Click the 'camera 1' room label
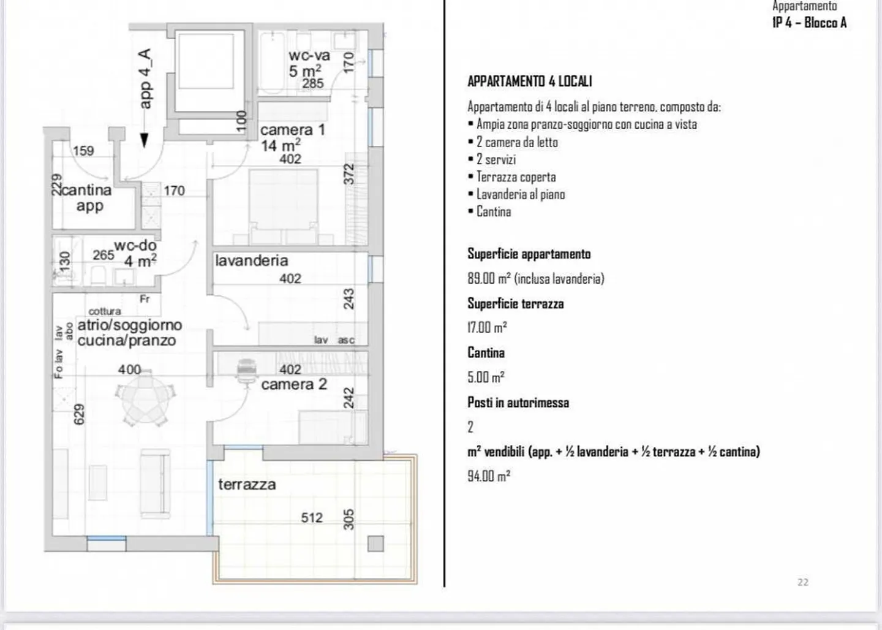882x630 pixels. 292,130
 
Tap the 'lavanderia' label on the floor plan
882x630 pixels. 251,260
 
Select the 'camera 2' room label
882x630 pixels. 293,384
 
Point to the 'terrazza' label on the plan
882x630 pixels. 247,484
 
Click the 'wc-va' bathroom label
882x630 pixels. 309,56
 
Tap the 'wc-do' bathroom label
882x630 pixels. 135,245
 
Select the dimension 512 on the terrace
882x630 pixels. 311,518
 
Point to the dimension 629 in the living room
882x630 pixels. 79,414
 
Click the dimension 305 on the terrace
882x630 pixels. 348,519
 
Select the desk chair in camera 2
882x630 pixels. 246,370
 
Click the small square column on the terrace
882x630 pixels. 375,544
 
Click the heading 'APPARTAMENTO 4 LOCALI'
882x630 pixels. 529,82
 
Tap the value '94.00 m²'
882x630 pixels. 489,476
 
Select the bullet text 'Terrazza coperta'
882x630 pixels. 516,177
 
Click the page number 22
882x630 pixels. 803,582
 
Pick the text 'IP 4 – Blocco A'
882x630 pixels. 809,23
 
